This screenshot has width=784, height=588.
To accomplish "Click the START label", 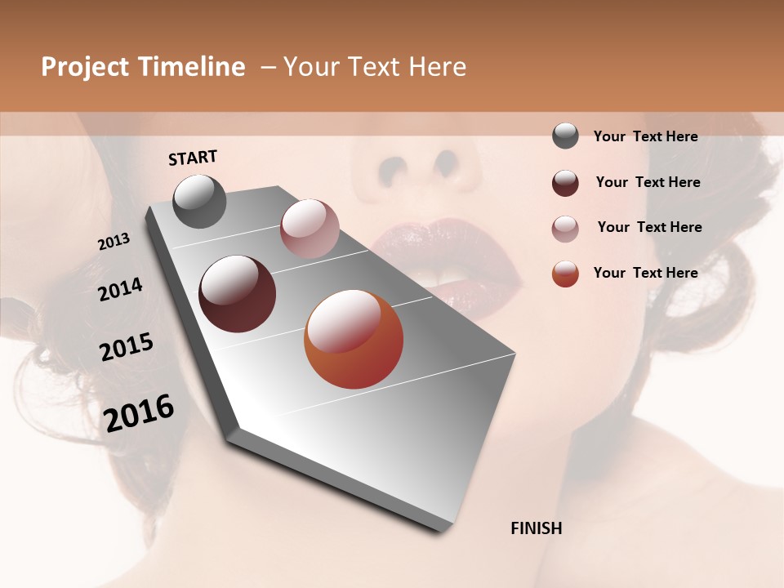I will pyautogui.click(x=193, y=158).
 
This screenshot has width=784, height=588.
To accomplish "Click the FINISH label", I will pyautogui.click(x=536, y=528).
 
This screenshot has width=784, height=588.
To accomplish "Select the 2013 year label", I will pyautogui.click(x=114, y=242).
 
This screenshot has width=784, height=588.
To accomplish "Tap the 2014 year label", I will pyautogui.click(x=120, y=290).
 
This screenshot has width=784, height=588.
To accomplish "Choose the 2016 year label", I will pyautogui.click(x=139, y=413).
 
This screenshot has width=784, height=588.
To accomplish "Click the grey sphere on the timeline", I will pyautogui.click(x=199, y=201).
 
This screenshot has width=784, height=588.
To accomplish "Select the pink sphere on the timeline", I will pyautogui.click(x=310, y=228).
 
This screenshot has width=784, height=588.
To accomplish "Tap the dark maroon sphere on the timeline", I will pyautogui.click(x=237, y=293).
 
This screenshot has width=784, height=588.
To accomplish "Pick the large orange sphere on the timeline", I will pyautogui.click(x=354, y=339).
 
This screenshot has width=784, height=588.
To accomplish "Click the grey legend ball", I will pyautogui.click(x=565, y=136).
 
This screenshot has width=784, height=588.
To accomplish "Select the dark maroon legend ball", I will pyautogui.click(x=565, y=183).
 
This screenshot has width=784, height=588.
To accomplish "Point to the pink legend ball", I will pyautogui.click(x=565, y=229).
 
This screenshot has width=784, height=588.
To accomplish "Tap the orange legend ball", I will pyautogui.click(x=565, y=274).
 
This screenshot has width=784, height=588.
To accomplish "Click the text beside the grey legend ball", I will pyautogui.click(x=645, y=136).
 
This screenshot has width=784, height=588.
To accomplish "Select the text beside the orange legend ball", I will pyautogui.click(x=645, y=273).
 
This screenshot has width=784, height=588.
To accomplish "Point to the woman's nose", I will pyautogui.click(x=421, y=159).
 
